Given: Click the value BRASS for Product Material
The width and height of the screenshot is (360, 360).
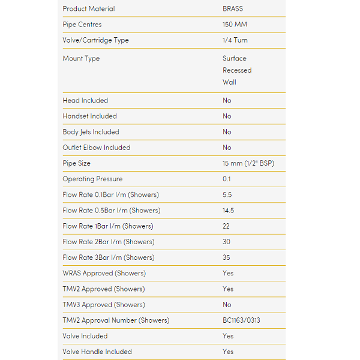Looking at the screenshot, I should (x=233, y=9).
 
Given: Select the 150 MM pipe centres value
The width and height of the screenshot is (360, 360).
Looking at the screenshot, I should (x=235, y=25).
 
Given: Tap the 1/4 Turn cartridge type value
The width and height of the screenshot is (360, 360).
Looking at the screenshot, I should (x=235, y=40).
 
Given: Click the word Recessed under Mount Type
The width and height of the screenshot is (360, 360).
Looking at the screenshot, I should (x=237, y=70).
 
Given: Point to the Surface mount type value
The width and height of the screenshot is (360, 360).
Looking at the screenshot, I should (x=234, y=58).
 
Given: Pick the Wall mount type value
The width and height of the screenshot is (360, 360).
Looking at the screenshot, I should (x=229, y=82).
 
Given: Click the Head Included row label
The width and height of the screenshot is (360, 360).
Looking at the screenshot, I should (x=85, y=100).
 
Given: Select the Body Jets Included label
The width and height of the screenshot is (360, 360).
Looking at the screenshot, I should (x=91, y=132).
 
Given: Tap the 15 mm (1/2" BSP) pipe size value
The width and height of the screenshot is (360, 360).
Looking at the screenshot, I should (x=248, y=163).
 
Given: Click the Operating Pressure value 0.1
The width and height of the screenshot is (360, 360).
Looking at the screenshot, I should (x=227, y=179).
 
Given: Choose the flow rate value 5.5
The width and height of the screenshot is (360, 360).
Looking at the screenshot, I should (x=227, y=195).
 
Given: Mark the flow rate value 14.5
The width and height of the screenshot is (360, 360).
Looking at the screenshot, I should (x=228, y=211).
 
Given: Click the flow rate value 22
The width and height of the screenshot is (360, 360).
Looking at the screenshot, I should (x=226, y=226).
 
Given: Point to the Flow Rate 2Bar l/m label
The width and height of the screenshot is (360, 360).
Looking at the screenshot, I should (x=108, y=242).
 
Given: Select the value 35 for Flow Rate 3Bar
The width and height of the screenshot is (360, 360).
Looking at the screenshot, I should (x=226, y=257).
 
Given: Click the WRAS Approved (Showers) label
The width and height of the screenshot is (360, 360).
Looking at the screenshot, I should (x=104, y=273).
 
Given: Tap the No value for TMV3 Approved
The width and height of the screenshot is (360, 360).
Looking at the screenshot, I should (x=227, y=305).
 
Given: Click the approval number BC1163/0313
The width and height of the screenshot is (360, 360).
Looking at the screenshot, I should (x=241, y=320).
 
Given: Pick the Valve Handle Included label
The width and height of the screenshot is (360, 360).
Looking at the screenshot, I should (x=97, y=352).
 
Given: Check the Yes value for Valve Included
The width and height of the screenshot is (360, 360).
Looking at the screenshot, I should (x=228, y=336).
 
